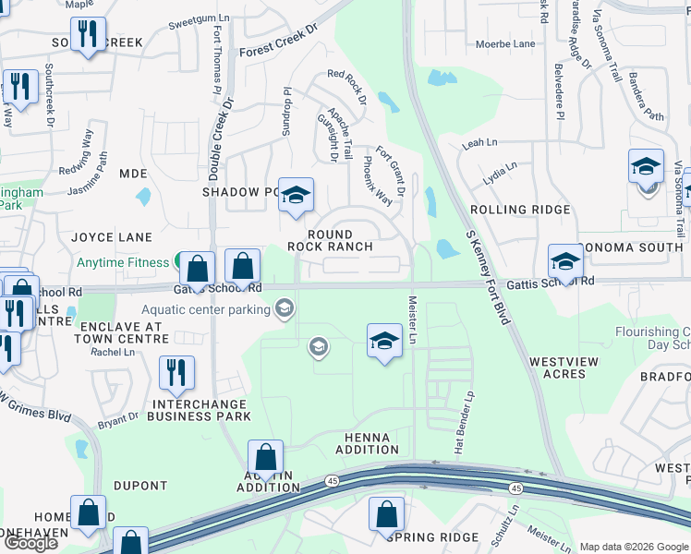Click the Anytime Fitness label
[123, 262]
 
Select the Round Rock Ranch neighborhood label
[330, 241]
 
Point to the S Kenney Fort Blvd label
[489, 278]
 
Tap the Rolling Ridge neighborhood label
[520, 210]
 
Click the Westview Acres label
[557, 367]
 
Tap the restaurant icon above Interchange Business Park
[176, 373]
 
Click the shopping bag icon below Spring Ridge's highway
[387, 513]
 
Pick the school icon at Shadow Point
[296, 195]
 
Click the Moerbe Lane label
[505, 43]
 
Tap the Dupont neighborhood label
[140, 486]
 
